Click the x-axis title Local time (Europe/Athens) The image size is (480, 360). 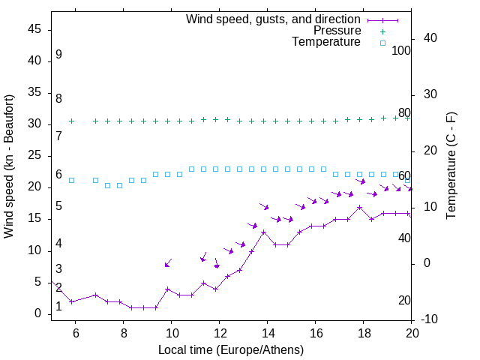231,350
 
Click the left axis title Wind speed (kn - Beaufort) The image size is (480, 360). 9,166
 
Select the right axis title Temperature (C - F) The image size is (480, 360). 451,166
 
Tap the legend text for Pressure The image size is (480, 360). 337,31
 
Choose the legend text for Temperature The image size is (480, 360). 326,42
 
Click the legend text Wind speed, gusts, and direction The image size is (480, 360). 274,19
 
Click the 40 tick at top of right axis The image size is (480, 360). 430,38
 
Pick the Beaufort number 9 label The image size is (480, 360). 58,55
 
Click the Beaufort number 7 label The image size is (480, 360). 58,136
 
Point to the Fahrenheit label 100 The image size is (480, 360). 402,51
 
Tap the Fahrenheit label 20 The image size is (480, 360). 404,301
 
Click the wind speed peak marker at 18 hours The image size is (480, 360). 360,207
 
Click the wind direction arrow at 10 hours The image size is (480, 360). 168,263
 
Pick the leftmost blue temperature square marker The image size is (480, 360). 72,180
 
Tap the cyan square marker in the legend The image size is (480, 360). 382,43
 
